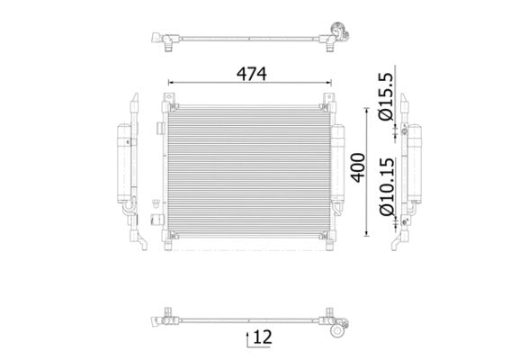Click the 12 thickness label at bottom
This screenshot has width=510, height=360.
click(262, 338)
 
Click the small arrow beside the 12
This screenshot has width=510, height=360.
click(246, 339)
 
